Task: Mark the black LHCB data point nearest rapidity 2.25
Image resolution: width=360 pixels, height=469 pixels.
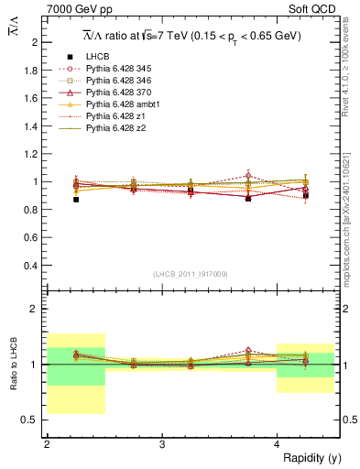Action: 76,199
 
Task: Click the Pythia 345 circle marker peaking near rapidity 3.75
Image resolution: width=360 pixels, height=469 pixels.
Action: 248,175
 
